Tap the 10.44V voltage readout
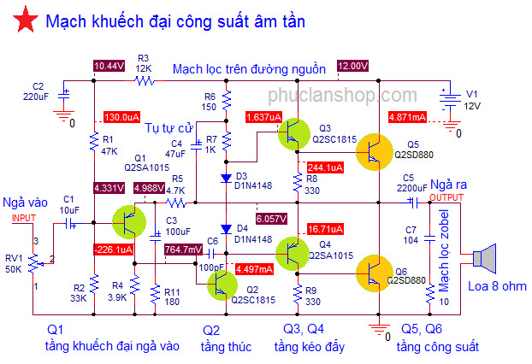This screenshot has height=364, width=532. (109, 66)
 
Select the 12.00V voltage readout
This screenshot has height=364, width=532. (353, 66)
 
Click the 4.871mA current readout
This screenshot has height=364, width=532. (407, 117)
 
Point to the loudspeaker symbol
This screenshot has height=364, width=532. (484, 258)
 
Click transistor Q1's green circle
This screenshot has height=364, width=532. (129, 222)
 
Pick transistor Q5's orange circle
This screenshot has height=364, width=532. (375, 152)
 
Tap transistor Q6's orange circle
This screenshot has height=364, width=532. (375, 273)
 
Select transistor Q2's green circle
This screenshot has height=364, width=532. (222, 285)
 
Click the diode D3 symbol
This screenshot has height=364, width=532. (226, 178)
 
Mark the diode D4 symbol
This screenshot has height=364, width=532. (226, 229)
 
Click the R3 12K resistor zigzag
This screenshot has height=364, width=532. (145, 80)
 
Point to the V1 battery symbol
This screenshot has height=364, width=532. (450, 101)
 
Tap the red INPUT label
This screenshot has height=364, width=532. (24, 218)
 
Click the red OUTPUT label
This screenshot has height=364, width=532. (446, 197)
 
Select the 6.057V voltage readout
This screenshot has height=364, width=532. (271, 219)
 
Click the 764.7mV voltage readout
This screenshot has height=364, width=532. (184, 250)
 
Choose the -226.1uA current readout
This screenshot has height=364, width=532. (113, 250)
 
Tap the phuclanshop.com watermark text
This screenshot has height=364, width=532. (342, 95)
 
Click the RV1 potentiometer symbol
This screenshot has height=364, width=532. (34, 264)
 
